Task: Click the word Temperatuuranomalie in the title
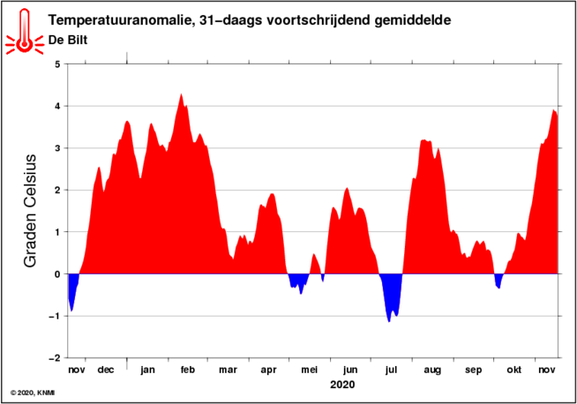click(119, 20)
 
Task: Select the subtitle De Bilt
click(68, 40)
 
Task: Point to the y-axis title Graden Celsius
click(30, 211)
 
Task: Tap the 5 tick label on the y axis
click(57, 64)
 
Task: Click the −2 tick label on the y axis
click(54, 358)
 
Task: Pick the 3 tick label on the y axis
click(57, 148)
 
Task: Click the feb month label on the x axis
click(188, 370)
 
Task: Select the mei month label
click(310, 370)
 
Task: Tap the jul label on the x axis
click(391, 370)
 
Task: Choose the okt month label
click(514, 370)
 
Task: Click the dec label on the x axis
click(106, 370)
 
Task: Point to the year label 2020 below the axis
click(342, 385)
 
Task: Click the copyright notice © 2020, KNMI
click(33, 393)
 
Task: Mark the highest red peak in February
click(181, 95)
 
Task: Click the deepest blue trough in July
click(389, 321)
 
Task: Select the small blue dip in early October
click(498, 281)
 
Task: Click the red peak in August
click(424, 140)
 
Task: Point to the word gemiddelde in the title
click(413, 20)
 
